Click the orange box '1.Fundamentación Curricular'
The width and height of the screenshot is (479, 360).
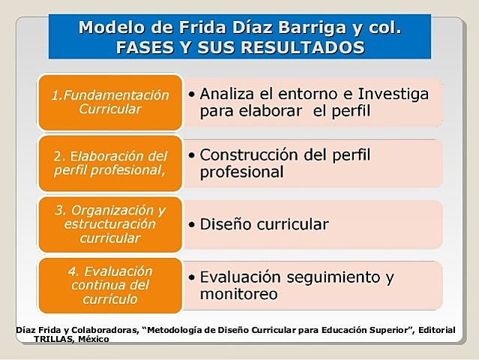point(110,102)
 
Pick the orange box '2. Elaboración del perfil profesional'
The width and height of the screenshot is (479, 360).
point(110,163)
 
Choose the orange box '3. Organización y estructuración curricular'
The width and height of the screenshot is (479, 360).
point(110,223)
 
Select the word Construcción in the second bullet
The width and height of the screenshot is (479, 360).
point(255,155)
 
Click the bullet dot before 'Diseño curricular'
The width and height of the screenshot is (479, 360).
point(193,224)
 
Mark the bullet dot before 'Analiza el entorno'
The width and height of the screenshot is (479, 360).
point(193,95)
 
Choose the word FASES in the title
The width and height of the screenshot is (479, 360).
point(144,47)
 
